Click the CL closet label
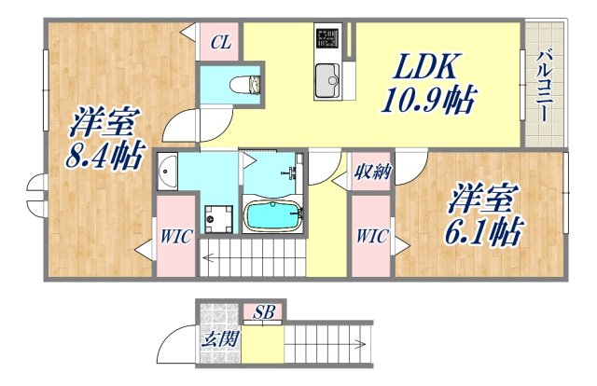(x=220, y=41)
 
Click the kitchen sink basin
(x=327, y=80)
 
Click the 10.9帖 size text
(x=425, y=97)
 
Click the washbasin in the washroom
(x=168, y=172)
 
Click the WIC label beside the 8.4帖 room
(x=174, y=237)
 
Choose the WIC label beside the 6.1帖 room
(x=370, y=237)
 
